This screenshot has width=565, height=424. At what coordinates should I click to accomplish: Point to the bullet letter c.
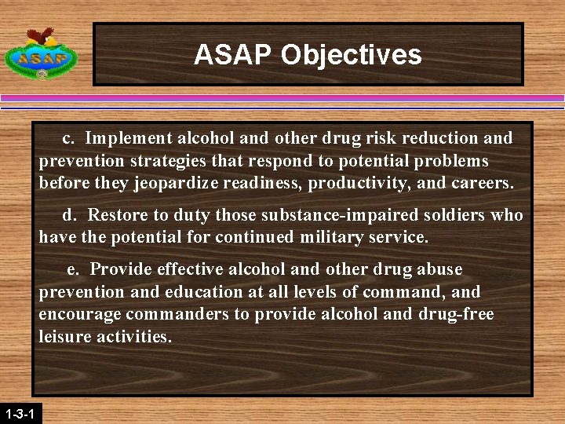(x=68, y=139)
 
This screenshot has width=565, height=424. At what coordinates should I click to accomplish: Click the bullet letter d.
(x=69, y=215)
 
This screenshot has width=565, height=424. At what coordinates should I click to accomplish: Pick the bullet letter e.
(x=72, y=269)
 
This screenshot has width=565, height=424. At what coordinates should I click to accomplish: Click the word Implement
(x=129, y=139)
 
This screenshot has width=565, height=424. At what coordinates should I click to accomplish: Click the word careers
(x=483, y=185)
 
